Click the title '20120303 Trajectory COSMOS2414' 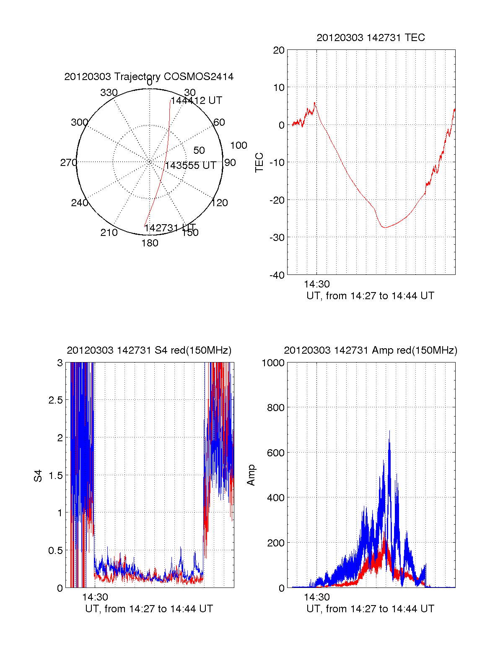(x=149, y=77)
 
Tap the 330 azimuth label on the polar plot (x=109, y=93)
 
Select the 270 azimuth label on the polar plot (x=68, y=163)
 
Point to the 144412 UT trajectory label (x=197, y=101)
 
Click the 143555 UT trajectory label (x=191, y=166)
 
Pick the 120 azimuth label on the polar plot (x=220, y=203)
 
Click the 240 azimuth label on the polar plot (x=80, y=203)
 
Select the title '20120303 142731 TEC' (x=371, y=38)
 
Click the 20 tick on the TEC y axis (x=279, y=50)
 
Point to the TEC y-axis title (x=259, y=163)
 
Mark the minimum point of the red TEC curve (x=384, y=228)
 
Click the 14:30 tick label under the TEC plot (x=316, y=284)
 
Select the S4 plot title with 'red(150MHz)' (x=149, y=350)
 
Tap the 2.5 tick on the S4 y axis (x=56, y=400)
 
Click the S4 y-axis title (x=38, y=476)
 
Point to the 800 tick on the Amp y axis (x=275, y=408)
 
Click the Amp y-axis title (x=251, y=475)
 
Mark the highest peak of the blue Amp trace (x=389, y=431)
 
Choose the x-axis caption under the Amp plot (x=371, y=609)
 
